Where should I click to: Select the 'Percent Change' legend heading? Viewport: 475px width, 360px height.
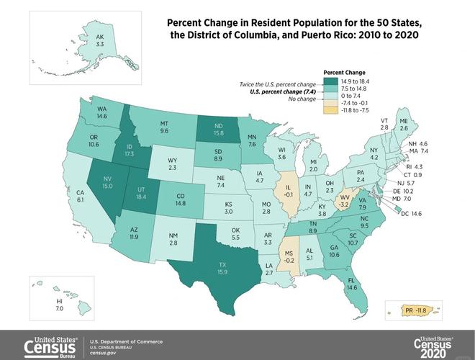344,73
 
